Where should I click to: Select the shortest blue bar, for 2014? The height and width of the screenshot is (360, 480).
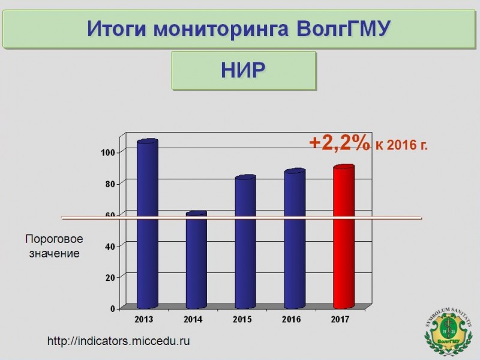click(197, 260)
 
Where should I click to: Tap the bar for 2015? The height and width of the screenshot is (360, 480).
click(245, 242)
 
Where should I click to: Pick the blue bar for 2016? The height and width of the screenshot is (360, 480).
click(295, 238)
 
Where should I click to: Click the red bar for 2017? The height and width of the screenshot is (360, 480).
click(344, 236)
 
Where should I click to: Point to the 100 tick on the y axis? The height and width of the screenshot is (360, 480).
click(108, 152)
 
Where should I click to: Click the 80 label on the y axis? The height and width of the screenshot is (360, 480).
click(110, 184)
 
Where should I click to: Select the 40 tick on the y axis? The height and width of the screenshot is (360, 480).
click(110, 247)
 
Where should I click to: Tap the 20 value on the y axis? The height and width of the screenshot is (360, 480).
click(110, 278)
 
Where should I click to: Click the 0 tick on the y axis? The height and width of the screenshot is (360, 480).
click(113, 308)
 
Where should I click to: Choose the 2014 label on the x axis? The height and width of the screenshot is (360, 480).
click(193, 319)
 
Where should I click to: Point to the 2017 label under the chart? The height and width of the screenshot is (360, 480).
click(340, 319)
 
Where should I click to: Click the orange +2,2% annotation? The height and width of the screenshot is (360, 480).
click(340, 143)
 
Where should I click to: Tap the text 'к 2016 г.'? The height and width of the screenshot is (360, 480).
click(401, 145)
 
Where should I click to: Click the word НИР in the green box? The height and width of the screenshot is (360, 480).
click(243, 70)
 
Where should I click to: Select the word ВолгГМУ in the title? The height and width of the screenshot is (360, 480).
click(343, 29)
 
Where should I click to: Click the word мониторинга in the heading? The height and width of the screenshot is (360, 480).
click(221, 29)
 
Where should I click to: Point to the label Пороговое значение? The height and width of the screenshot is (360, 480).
click(54, 246)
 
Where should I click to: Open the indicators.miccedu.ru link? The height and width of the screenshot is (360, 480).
click(118, 341)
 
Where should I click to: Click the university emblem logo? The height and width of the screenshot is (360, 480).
click(448, 332)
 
